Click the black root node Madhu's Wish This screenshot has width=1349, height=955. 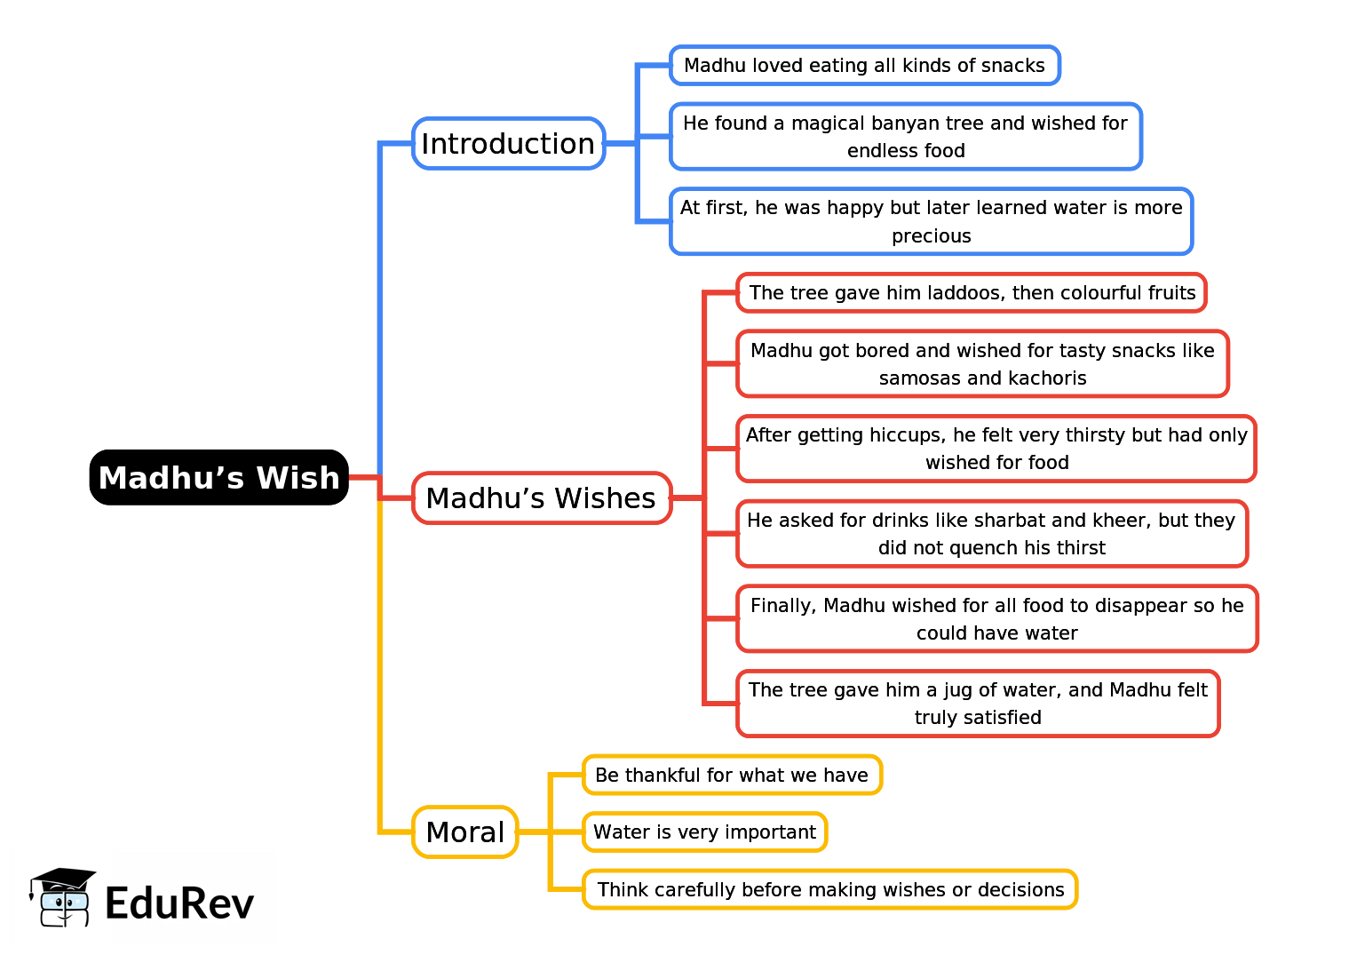pyautogui.click(x=219, y=477)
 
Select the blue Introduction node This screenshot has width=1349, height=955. pyautogui.click(x=508, y=143)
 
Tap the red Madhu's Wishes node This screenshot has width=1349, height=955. pyautogui.click(x=542, y=497)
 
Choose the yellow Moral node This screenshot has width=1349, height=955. pyautogui.click(x=465, y=832)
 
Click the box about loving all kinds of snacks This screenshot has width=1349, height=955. pyautogui.click(x=865, y=65)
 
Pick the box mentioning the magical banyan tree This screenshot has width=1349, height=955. pyautogui.click(x=906, y=136)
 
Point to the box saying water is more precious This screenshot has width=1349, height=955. pyautogui.click(x=931, y=221)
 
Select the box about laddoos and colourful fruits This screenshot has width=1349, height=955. pyautogui.click(x=972, y=293)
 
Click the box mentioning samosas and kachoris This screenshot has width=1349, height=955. pyautogui.click(x=982, y=364)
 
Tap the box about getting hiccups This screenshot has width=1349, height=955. pyautogui.click(x=996, y=449)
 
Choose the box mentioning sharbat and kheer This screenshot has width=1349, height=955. pyautogui.click(x=992, y=534)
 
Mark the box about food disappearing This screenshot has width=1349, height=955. pyautogui.click(x=996, y=619)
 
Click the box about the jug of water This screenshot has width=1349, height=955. pyautogui.click(x=978, y=704)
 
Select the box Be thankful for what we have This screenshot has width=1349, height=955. pyautogui.click(x=732, y=775)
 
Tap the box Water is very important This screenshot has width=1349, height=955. pyautogui.click(x=704, y=832)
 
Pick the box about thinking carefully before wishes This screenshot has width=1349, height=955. pyautogui.click(x=829, y=889)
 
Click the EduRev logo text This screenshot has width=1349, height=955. pyautogui.click(x=179, y=903)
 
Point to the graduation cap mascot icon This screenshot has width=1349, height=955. pyautogui.click(x=63, y=897)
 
